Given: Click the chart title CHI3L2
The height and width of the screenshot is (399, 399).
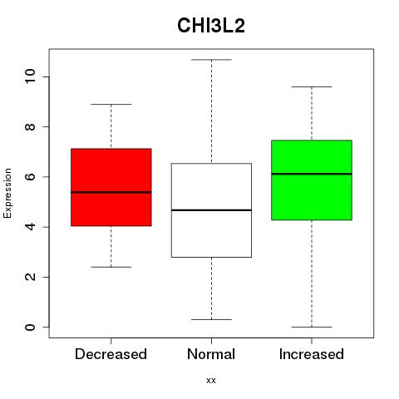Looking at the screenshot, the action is (211, 26).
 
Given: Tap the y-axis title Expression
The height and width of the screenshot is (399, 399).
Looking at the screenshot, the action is (7, 193).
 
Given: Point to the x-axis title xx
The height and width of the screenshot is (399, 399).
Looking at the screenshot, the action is (211, 381).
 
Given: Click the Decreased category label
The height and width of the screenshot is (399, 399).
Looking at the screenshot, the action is (111, 354).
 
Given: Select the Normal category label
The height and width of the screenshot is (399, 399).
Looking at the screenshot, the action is (211, 354).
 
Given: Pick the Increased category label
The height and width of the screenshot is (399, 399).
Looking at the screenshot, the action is (312, 354).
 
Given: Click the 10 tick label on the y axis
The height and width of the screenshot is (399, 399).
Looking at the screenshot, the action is (30, 76).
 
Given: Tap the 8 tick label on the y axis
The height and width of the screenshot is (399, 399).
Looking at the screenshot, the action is (30, 126).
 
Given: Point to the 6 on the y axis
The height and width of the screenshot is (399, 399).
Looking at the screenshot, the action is (30, 177).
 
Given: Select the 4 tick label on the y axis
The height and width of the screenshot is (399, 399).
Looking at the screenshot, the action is (30, 227).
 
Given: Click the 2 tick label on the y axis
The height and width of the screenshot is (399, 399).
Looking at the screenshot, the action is (30, 277).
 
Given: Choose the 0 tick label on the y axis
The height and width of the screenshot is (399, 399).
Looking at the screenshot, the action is (30, 327).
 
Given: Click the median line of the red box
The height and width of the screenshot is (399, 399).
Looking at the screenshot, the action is (111, 192).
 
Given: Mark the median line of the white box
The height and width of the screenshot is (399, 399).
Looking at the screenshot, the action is (211, 210).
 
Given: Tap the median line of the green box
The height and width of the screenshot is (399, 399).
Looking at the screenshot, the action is (312, 174).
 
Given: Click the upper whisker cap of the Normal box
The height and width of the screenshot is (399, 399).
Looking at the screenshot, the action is (211, 60).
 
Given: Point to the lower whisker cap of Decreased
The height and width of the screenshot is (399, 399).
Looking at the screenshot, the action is (111, 267).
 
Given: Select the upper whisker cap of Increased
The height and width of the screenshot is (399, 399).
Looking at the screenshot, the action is (312, 86).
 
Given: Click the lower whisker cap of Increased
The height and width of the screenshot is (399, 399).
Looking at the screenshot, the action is (312, 327).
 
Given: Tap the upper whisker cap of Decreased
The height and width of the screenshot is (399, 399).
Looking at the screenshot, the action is (111, 104).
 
